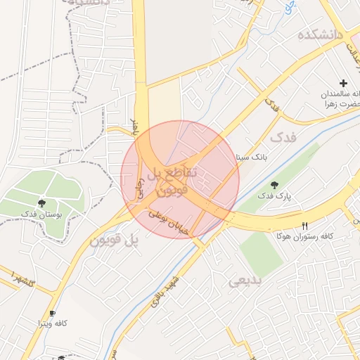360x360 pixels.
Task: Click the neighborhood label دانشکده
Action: pos(319,35)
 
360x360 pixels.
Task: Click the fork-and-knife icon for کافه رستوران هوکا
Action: pos(304,226)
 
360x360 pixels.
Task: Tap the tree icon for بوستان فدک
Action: pos(44,202)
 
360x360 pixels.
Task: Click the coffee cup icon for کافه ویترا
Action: pos(51,313)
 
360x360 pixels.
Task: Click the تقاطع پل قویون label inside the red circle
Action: pos(177,180)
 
